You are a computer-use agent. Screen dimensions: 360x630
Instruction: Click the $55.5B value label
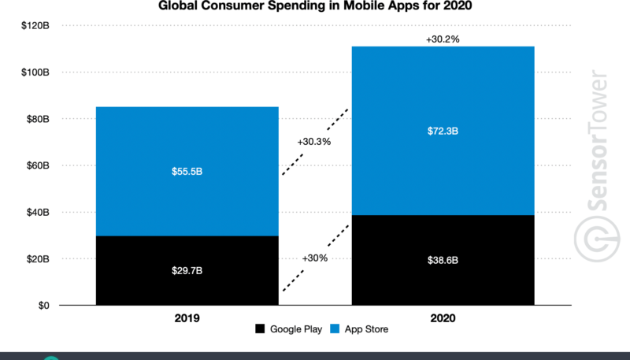click(187, 171)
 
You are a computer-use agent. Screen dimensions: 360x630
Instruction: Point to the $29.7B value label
click(187, 270)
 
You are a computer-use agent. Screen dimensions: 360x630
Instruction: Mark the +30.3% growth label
click(314, 142)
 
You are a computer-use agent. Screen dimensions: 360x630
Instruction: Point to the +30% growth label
click(315, 258)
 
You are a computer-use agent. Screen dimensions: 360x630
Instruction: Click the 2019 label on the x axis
click(187, 319)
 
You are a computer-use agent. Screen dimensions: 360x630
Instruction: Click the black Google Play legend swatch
click(261, 328)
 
